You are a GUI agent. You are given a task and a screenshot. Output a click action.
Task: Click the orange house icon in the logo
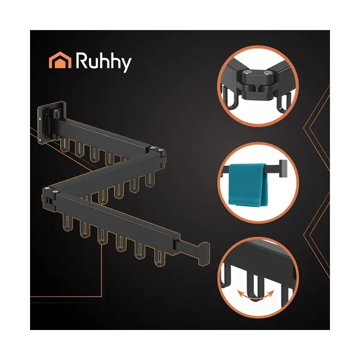[60, 60]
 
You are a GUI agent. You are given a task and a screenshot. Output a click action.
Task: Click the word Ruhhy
[104, 62]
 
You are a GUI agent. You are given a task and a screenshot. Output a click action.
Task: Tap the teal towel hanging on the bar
[248, 185]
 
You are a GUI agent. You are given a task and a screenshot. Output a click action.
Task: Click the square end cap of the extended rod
[203, 253]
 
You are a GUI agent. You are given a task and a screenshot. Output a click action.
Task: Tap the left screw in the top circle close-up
[247, 73]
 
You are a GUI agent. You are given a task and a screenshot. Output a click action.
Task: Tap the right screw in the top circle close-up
[267, 73]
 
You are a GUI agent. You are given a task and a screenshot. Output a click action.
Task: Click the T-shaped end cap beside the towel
[283, 168]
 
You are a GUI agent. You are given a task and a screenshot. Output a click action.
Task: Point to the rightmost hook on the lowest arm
[160, 258]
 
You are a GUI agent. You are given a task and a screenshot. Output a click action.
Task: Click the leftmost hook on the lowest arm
[68, 223]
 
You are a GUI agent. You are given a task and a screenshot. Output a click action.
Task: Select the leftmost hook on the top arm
[65, 144]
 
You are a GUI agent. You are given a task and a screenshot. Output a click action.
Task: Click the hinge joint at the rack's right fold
[158, 155]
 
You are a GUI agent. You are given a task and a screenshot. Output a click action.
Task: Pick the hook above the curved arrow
[255, 285]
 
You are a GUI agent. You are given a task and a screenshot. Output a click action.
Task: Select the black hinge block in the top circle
[257, 84]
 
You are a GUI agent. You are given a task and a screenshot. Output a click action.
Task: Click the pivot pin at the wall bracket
[56, 113]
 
